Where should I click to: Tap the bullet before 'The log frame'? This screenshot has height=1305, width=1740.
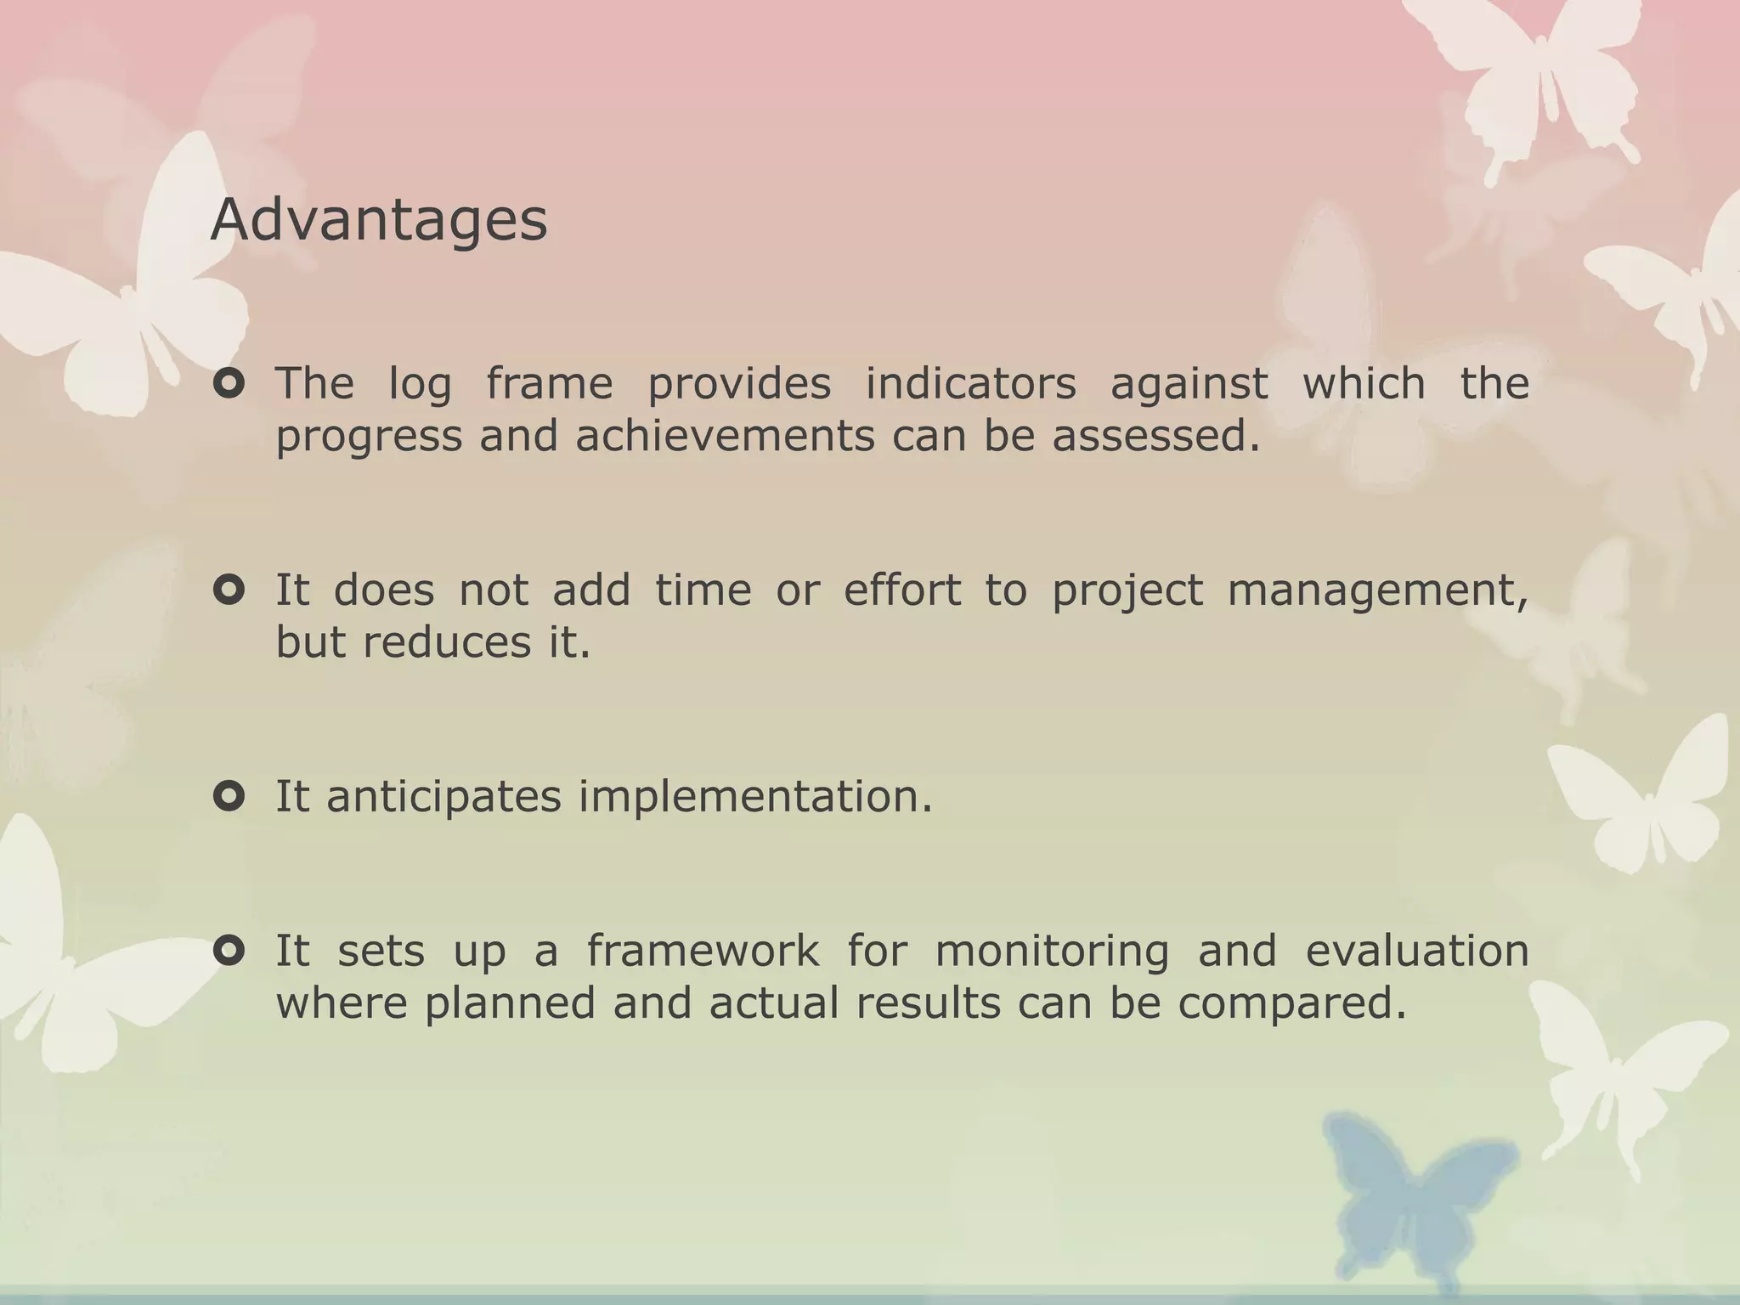point(229,384)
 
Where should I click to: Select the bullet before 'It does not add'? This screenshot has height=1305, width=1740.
point(229,590)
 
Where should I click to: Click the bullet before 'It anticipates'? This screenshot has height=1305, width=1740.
point(229,796)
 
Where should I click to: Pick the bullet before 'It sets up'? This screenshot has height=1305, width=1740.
point(229,950)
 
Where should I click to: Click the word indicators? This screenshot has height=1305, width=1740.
point(970,383)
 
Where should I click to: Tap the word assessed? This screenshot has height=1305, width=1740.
point(1155,437)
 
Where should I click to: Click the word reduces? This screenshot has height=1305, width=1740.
point(447,642)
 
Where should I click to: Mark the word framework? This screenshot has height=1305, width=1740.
point(703,951)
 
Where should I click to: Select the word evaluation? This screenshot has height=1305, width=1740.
point(1416,951)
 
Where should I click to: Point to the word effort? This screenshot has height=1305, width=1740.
point(901,590)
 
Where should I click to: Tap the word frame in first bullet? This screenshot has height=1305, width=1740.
point(549,383)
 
